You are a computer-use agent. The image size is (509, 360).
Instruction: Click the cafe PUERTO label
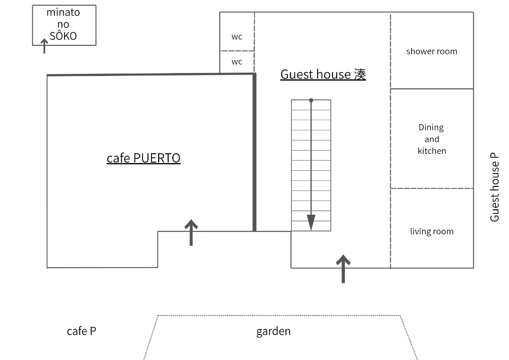(x=143, y=158)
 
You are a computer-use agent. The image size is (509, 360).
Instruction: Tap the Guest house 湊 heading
(x=323, y=74)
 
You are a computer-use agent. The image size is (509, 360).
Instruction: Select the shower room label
(x=432, y=51)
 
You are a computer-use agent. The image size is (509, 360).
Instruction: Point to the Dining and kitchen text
(x=432, y=139)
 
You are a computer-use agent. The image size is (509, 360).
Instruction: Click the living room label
(x=432, y=231)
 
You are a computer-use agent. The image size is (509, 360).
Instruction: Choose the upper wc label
(x=237, y=37)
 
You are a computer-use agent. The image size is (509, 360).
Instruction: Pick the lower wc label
(x=237, y=62)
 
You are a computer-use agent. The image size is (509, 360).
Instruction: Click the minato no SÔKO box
(x=64, y=25)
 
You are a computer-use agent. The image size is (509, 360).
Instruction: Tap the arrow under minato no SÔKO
(x=44, y=46)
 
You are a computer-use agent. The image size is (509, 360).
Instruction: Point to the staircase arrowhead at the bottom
(x=311, y=222)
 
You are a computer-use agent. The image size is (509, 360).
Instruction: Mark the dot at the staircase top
(x=311, y=100)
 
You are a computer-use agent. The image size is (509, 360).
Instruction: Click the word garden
(x=274, y=331)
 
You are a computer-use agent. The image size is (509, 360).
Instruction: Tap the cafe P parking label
(x=81, y=331)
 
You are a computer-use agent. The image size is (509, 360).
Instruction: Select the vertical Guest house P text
(x=495, y=187)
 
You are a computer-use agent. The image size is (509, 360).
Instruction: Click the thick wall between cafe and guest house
(x=255, y=153)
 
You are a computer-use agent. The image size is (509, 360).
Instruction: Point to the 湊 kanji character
(x=360, y=74)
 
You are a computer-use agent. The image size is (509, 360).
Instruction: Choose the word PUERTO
(x=157, y=158)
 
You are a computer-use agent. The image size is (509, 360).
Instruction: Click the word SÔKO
(x=63, y=36)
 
